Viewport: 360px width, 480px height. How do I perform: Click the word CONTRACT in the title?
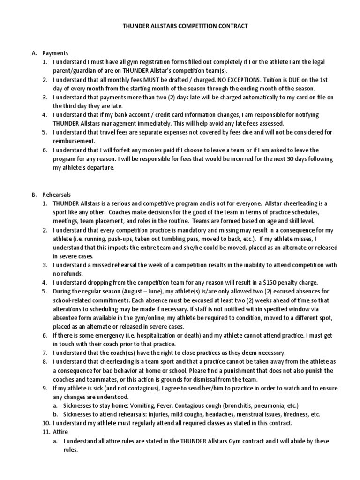coord(230,26)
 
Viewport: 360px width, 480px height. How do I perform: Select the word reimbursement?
coord(74,141)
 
